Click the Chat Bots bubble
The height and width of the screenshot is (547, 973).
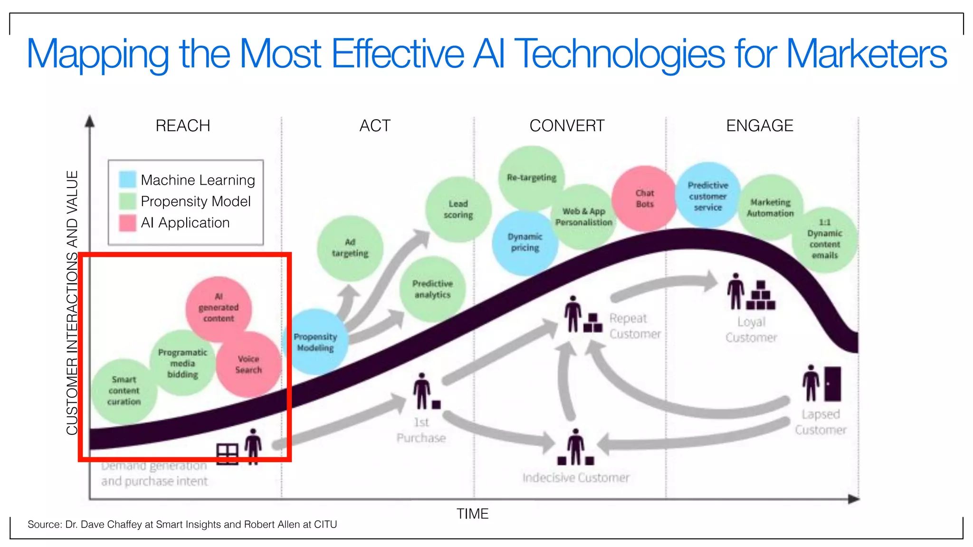click(645, 198)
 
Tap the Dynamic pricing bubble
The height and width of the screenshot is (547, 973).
click(525, 242)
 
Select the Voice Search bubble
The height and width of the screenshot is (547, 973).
click(248, 364)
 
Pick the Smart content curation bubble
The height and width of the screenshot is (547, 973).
click(124, 390)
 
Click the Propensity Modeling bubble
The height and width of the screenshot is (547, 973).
click(315, 342)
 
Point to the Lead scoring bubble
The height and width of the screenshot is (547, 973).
click(458, 209)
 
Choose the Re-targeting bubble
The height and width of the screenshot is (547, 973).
click(531, 178)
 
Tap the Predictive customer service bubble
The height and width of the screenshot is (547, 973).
click(707, 196)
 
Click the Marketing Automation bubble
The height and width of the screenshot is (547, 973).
click(770, 207)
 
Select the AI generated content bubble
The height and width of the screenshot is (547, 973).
click(219, 308)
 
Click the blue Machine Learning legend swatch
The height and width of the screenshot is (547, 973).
click(127, 179)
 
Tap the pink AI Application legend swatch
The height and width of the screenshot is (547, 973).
click(127, 223)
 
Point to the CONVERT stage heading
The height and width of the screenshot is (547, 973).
click(567, 126)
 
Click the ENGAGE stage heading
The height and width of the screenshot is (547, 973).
click(760, 126)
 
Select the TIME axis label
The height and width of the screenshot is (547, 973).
click(472, 514)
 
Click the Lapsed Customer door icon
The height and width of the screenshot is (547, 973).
click(832, 384)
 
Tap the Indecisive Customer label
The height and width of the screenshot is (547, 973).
click(576, 477)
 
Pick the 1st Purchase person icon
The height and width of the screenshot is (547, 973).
click(421, 391)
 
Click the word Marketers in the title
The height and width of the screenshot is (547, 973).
click(866, 54)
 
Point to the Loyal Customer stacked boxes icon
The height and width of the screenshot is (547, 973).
click(761, 296)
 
